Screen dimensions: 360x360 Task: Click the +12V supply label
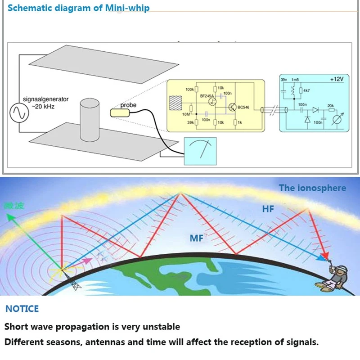(x=336, y=79)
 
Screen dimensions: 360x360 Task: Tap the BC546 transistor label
(x=243, y=108)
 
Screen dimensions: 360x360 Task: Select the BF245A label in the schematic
(x=207, y=96)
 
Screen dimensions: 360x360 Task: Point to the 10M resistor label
(x=186, y=115)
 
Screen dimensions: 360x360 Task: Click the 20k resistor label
(x=331, y=106)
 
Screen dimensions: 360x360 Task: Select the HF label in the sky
(x=268, y=209)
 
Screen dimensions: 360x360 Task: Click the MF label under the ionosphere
(x=197, y=238)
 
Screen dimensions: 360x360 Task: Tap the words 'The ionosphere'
(x=312, y=188)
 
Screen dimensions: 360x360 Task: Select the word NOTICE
(x=22, y=309)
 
